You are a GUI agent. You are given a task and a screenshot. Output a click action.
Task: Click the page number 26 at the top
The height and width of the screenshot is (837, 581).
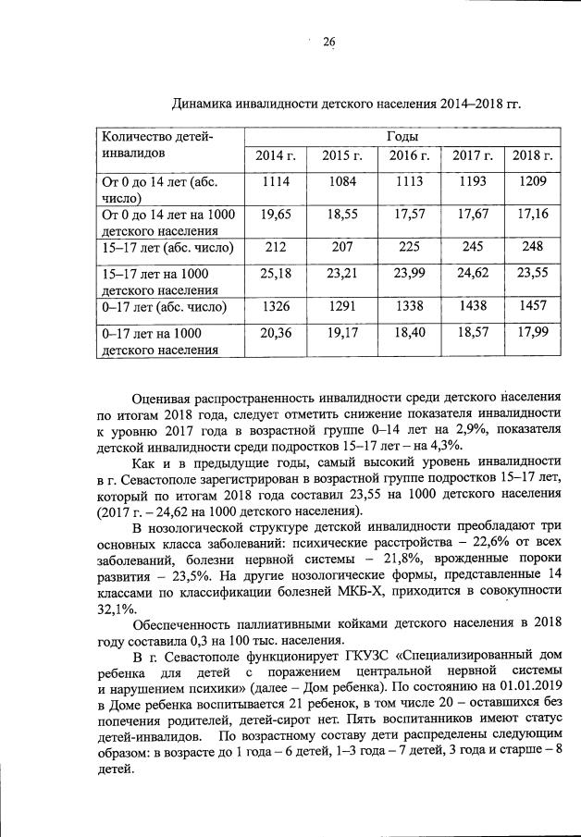click(x=327, y=42)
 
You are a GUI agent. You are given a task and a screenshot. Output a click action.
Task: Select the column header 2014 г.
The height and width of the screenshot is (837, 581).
click(x=276, y=154)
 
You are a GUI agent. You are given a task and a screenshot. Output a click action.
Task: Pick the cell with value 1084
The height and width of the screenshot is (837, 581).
click(x=340, y=181)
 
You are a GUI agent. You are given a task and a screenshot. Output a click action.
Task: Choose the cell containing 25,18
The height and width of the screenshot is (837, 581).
click(x=276, y=273)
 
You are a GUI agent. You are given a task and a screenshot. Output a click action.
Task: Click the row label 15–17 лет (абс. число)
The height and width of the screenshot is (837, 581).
click(x=166, y=248)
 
